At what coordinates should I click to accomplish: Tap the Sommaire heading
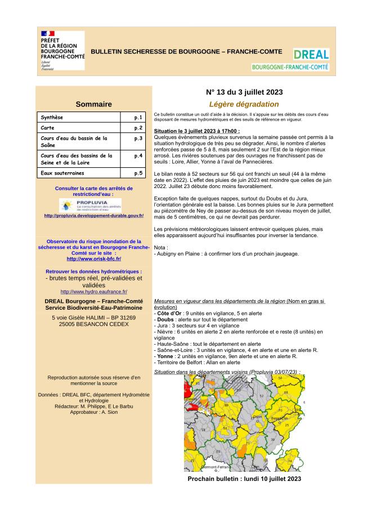[x=93, y=104]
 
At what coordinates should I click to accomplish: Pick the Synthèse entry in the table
[x=52, y=118]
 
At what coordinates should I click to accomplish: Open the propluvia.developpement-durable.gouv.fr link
[x=93, y=216]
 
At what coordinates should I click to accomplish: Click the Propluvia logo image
[x=90, y=205]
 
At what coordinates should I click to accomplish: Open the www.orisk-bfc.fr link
[x=93, y=258]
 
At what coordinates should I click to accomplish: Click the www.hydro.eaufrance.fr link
[x=93, y=292]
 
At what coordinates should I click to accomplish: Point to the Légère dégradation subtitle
[x=244, y=104]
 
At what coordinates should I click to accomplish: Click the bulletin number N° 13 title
[x=244, y=92]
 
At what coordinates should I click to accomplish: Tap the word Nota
[x=160, y=247]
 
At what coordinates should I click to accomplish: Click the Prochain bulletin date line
[x=244, y=479]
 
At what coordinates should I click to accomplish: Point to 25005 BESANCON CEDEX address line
[x=93, y=325]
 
